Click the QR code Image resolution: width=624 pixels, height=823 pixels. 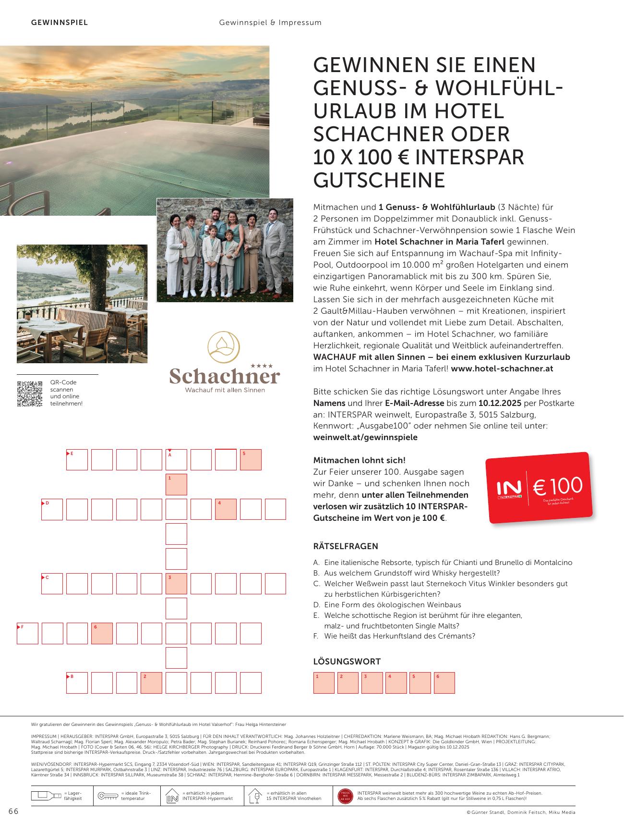(x=30, y=394)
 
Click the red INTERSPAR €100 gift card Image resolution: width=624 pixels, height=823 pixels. (x=540, y=488)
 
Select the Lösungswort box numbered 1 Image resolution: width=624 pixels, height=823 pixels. (x=324, y=683)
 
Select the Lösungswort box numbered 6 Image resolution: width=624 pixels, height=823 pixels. (x=444, y=683)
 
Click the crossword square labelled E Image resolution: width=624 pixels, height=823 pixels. (x=77, y=460)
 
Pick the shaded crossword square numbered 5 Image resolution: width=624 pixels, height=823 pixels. (x=251, y=460)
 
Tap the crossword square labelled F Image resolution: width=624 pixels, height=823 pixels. (x=27, y=633)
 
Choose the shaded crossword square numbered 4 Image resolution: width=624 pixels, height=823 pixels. (x=226, y=509)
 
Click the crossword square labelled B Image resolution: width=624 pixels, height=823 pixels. (x=77, y=683)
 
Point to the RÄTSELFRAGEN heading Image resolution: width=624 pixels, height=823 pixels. (x=346, y=546)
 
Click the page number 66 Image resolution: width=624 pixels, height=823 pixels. (x=13, y=811)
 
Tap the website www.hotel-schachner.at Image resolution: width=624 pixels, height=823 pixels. (x=502, y=369)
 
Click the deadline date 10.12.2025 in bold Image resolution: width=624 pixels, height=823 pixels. (x=500, y=403)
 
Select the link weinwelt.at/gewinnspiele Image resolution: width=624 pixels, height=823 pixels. (x=365, y=437)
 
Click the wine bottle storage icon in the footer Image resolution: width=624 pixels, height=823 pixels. (x=46, y=796)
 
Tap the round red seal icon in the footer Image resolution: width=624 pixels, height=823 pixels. (x=345, y=796)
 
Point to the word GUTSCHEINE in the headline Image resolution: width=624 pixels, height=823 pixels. (x=379, y=180)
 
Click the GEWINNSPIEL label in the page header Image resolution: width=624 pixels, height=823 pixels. (x=60, y=23)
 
